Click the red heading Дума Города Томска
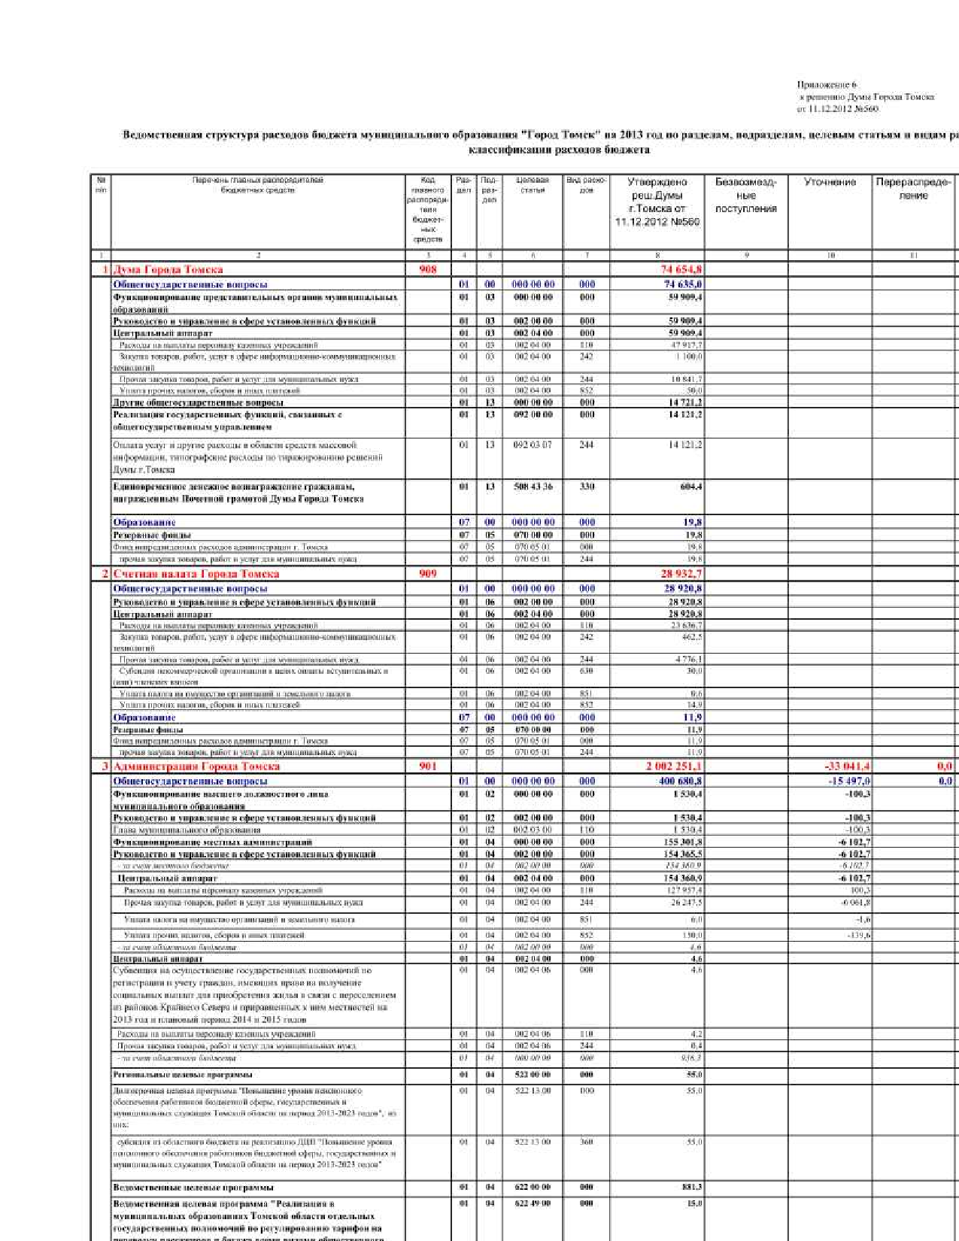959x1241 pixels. pos(168,269)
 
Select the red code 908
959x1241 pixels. pos(427,269)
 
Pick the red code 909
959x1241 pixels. pos(427,574)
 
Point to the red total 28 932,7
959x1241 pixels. pos(681,574)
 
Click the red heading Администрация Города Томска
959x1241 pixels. pos(196,766)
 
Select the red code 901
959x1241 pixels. pos(427,766)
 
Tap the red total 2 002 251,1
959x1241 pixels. pos(674,766)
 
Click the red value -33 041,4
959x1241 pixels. pos(848,766)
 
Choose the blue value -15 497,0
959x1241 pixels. pos(850,781)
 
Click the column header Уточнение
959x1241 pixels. pos(830,182)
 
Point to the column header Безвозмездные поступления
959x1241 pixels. pos(745,195)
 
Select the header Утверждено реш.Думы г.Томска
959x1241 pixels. pos(657,202)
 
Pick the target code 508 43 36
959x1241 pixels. pos(533,487)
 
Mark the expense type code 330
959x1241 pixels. pos(587,487)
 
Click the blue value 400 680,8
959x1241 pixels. pos(681,781)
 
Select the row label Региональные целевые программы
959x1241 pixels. pos(183,1074)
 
